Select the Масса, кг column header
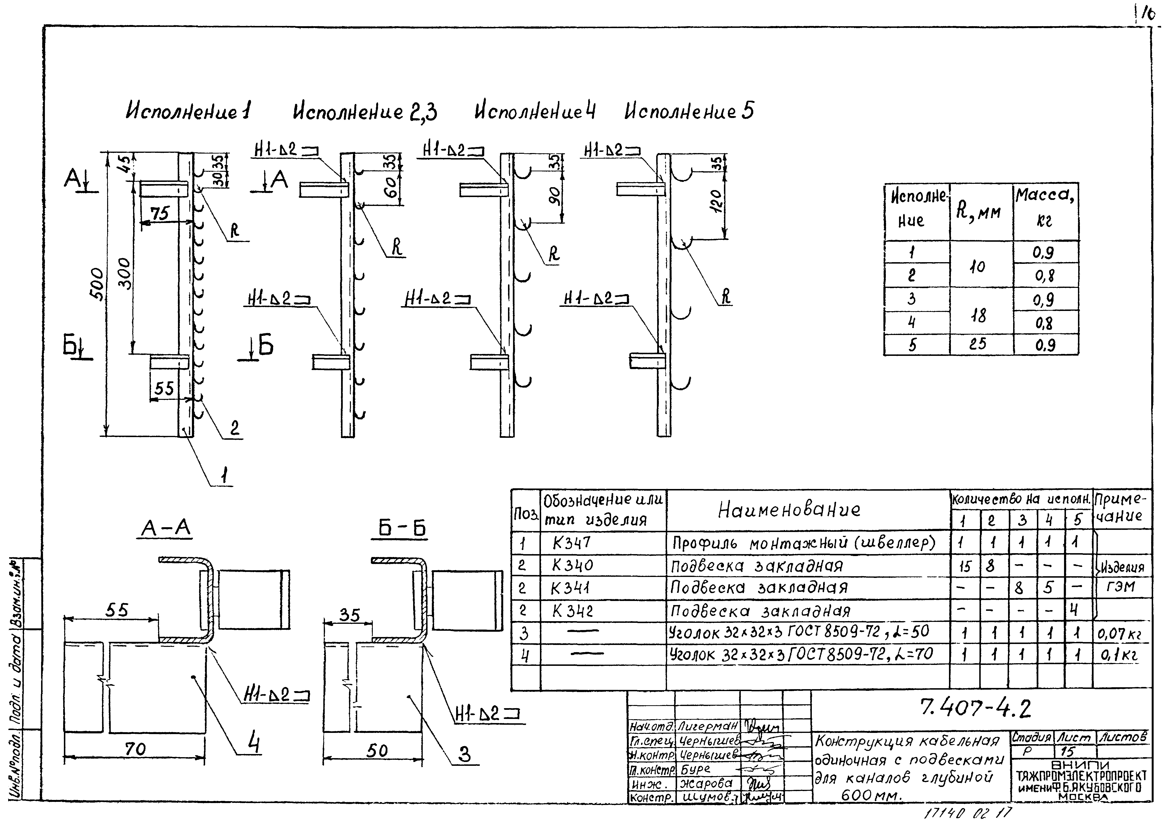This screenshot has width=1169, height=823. pos(1045,208)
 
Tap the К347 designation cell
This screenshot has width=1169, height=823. pos(571,543)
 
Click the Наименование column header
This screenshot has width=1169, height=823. pos(789,509)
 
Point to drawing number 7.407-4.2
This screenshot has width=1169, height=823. pos(975,708)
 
